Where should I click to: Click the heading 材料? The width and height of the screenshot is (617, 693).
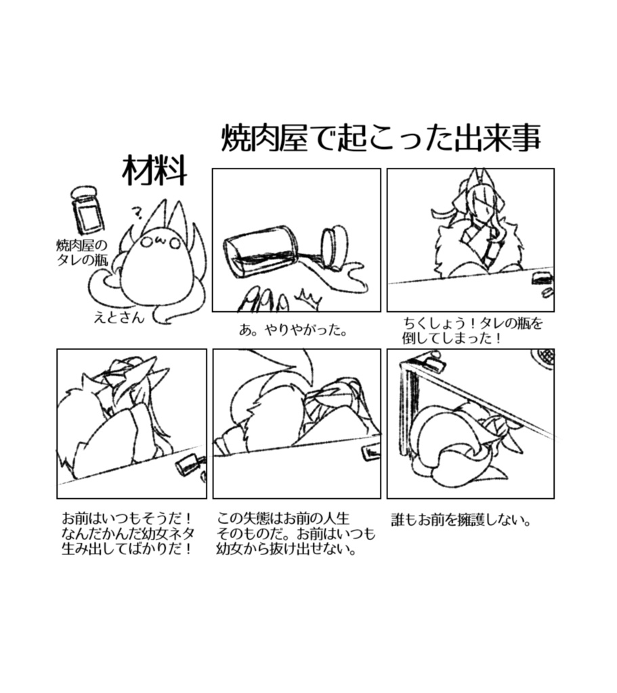coord(154,170)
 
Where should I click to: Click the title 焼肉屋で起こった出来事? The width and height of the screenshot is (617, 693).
coord(381,139)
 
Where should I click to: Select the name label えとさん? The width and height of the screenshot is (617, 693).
coord(119,317)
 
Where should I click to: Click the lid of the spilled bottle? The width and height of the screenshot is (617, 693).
coord(333,248)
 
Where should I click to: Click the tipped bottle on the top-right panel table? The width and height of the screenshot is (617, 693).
coord(541,278)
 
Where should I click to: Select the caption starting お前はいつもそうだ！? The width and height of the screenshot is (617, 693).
coord(128,534)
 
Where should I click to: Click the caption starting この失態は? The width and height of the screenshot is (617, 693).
coord(295,534)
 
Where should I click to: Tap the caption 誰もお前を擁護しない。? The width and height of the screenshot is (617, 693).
coord(461,520)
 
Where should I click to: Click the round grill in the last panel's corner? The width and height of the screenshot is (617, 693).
coord(542,359)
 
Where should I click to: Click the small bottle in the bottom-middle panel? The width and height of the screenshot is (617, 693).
coord(371,452)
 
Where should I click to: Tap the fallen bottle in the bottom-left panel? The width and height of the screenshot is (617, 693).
coord(187,464)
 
